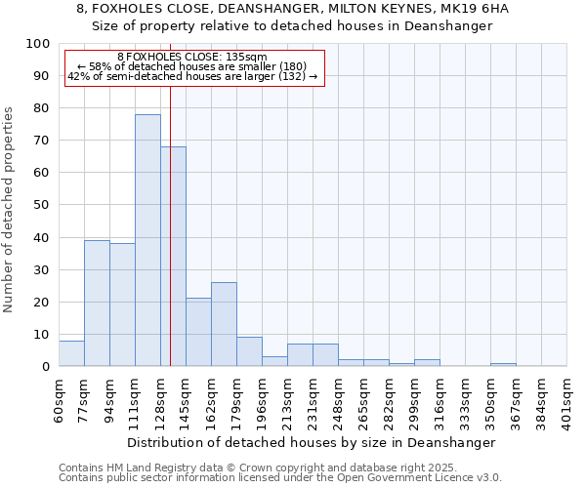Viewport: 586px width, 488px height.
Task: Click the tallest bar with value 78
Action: (x=147, y=240)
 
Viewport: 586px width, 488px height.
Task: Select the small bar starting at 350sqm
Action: (x=503, y=364)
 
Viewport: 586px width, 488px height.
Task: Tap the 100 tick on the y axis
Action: (x=38, y=44)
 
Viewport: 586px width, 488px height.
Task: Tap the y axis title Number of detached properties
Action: (x=10, y=210)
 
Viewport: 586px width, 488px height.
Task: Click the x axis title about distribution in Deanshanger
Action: (x=312, y=442)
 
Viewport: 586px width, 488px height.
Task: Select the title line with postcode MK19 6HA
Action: (x=293, y=9)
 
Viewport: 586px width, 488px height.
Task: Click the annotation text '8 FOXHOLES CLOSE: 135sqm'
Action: (x=191, y=58)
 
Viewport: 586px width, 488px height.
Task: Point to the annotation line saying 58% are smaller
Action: (x=191, y=66)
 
